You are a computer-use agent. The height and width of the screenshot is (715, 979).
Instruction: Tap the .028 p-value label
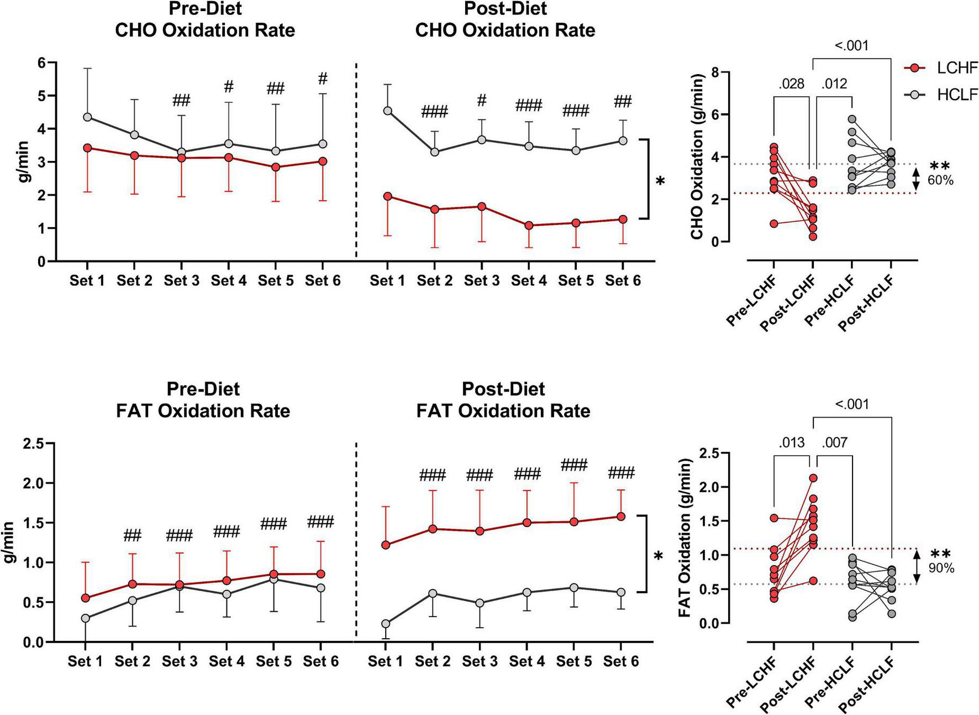791,84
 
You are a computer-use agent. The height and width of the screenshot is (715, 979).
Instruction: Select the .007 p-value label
834,442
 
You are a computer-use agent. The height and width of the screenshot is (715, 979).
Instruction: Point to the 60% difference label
940,180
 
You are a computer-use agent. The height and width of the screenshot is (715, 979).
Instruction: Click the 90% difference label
941,568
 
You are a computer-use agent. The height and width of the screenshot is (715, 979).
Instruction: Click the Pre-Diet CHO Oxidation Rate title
204,20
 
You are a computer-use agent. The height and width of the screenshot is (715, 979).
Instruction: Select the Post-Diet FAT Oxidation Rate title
503,400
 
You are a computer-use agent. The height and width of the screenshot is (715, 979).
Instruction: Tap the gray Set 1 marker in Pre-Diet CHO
87,117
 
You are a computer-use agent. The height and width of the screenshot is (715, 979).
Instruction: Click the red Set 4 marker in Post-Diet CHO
529,225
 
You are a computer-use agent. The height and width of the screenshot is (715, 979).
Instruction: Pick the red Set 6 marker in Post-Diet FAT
621,516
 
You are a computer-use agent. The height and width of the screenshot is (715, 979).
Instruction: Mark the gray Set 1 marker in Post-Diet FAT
386,624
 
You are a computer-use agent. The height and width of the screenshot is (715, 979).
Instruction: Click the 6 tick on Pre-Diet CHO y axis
41,63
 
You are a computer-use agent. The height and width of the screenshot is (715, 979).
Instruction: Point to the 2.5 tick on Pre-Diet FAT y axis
34,443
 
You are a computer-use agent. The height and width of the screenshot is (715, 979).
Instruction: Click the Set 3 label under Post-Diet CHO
481,281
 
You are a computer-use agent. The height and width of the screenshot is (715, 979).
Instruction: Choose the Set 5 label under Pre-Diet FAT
273,661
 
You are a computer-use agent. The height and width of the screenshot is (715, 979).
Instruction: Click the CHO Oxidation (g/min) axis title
697,157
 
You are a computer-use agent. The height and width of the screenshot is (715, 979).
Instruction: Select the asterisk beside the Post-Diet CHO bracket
660,181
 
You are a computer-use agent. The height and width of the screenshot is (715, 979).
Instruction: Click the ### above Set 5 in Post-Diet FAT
574,465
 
